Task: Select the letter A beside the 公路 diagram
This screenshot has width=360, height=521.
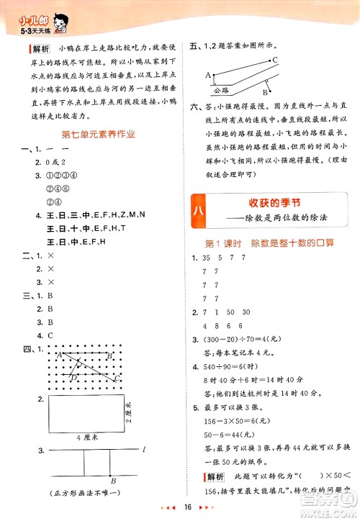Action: point(207,75)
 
